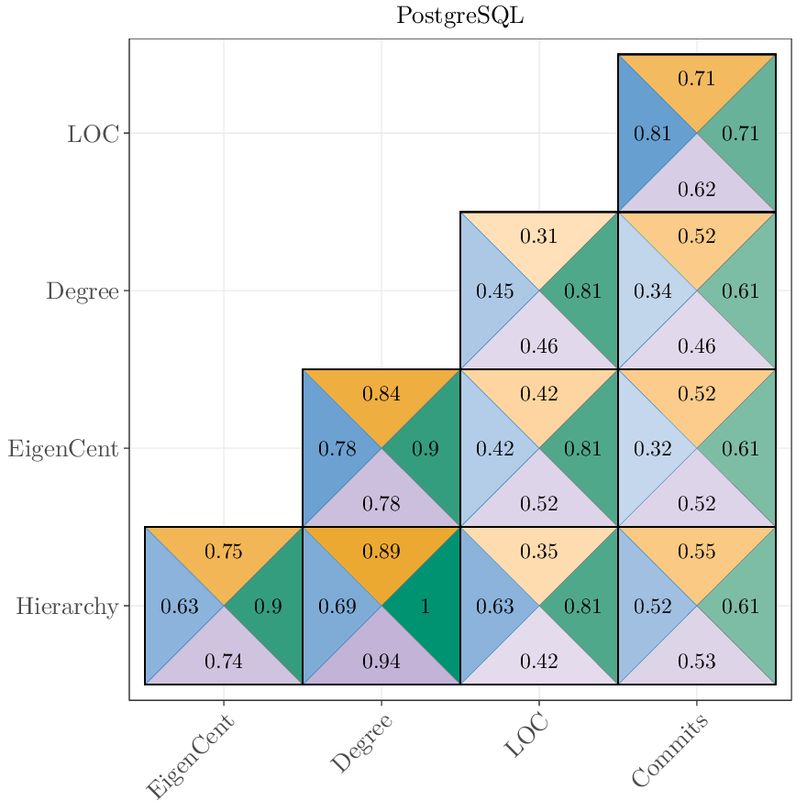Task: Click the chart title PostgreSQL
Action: (x=459, y=16)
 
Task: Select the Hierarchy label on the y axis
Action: (x=67, y=607)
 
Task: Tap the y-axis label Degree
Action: (x=83, y=291)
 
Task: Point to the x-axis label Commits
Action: (x=670, y=752)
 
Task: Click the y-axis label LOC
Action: (x=93, y=134)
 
